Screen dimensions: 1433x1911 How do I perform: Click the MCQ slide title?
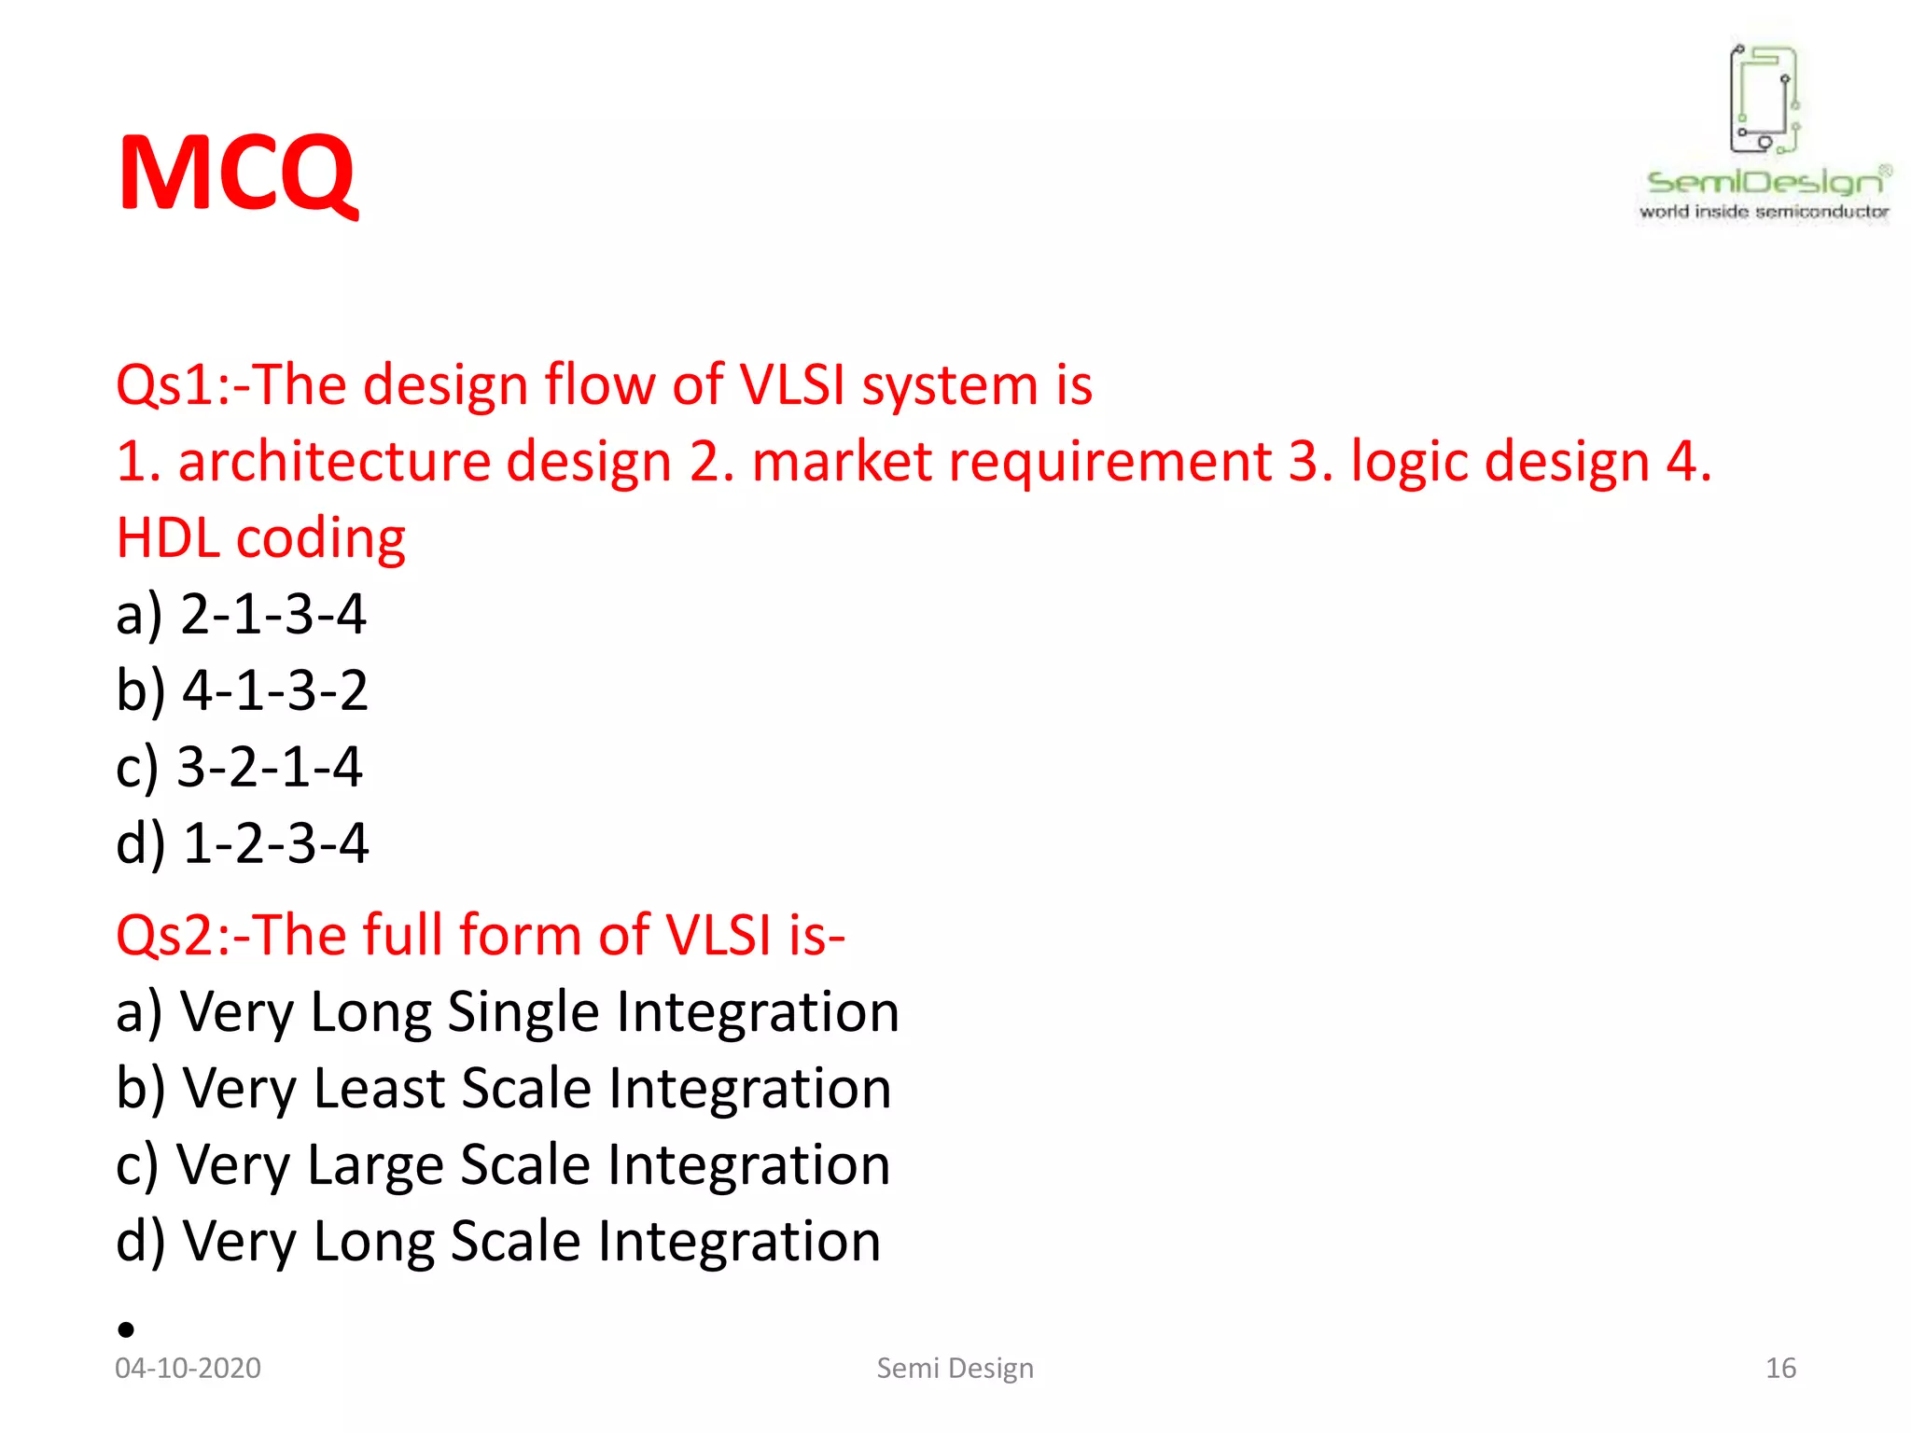[237, 174]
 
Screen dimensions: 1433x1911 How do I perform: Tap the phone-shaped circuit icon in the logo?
[1764, 99]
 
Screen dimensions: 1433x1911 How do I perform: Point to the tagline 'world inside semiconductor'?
[1764, 212]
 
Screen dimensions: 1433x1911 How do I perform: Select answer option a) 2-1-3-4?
[241, 615]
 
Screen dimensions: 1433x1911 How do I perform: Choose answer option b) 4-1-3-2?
[242, 691]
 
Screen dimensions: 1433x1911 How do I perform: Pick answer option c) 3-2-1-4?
[239, 768]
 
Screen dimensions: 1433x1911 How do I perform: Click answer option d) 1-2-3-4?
[242, 844]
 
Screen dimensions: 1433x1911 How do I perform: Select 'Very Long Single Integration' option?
[507, 1013]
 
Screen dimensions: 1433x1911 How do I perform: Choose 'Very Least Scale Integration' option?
[503, 1090]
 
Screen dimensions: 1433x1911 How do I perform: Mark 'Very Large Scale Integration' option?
[503, 1166]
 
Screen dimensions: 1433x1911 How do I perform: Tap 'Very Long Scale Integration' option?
[498, 1243]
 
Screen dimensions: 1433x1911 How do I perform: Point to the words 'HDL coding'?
[260, 539]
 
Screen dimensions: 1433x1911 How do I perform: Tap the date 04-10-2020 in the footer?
[188, 1368]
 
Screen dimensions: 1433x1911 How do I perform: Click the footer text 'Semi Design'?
[955, 1368]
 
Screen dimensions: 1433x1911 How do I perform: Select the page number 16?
[1780, 1368]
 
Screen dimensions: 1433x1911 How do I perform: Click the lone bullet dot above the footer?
[127, 1329]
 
